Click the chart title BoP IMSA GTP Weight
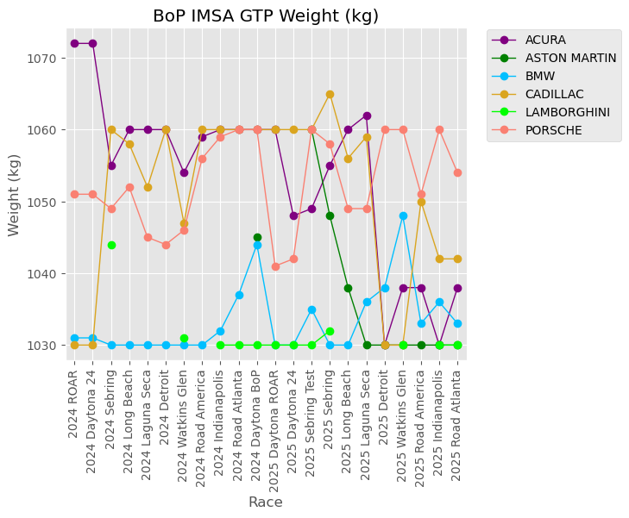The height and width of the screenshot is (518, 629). coord(266,16)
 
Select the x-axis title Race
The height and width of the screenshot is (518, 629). coord(266,502)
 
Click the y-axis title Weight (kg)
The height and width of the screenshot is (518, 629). coord(15,195)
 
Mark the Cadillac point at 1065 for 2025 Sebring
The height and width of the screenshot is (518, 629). coord(330,94)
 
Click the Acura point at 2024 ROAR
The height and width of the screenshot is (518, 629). coord(75,43)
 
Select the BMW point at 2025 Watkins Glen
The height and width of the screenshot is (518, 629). coord(403,215)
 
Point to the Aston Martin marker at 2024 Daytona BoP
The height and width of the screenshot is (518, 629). coord(257,237)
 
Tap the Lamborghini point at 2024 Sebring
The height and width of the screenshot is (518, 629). coord(111,245)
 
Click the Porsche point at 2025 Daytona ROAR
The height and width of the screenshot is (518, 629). coord(275,266)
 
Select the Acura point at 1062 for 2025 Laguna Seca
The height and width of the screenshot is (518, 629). coord(367,115)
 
